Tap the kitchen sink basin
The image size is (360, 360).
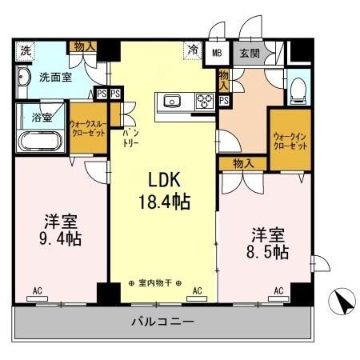tap(173, 101)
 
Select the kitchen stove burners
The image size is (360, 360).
tap(203, 101)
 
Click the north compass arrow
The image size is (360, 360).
tap(343, 302)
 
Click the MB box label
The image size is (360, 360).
tap(217, 53)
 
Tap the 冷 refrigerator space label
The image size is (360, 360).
tap(193, 49)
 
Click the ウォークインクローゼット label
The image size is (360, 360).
tap(288, 142)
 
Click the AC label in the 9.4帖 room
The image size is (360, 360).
tap(38, 290)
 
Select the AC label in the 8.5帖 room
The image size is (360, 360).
tap(279, 290)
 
